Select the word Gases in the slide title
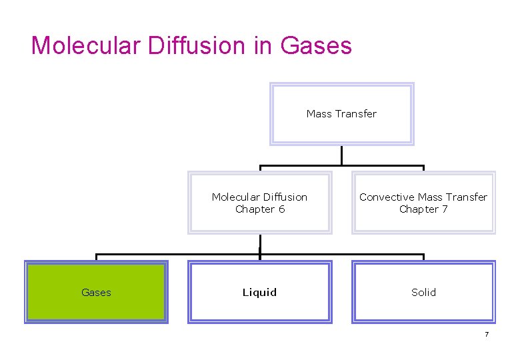click(x=316, y=45)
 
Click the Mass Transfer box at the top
click(x=341, y=114)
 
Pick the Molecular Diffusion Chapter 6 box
click(x=259, y=203)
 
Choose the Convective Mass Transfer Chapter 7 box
click(x=423, y=203)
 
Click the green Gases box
click(x=96, y=292)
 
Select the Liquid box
click(x=259, y=292)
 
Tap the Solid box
click(x=423, y=292)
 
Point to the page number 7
click(x=487, y=334)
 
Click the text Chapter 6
click(x=259, y=209)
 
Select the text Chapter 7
click(x=423, y=209)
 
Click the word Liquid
click(x=259, y=292)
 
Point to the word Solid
click(x=423, y=292)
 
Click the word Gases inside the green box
click(x=96, y=292)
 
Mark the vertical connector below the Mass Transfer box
click(x=341, y=155)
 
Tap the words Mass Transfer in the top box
click(x=341, y=114)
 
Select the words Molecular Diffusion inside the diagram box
click(x=259, y=197)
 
